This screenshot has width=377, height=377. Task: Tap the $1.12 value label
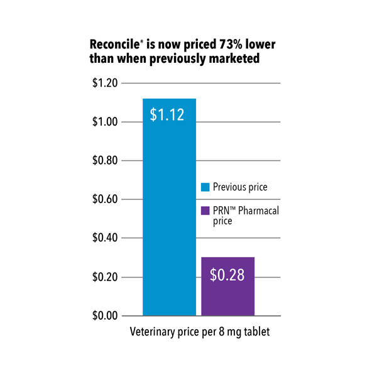pyautogui.click(x=168, y=114)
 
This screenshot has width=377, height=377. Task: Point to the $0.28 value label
pyautogui.click(x=227, y=274)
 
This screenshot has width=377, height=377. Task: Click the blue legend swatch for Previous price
pyautogui.click(x=205, y=187)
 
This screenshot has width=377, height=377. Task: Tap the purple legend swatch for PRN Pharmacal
pyautogui.click(x=205, y=211)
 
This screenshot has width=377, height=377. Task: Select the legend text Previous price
pyautogui.click(x=239, y=187)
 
